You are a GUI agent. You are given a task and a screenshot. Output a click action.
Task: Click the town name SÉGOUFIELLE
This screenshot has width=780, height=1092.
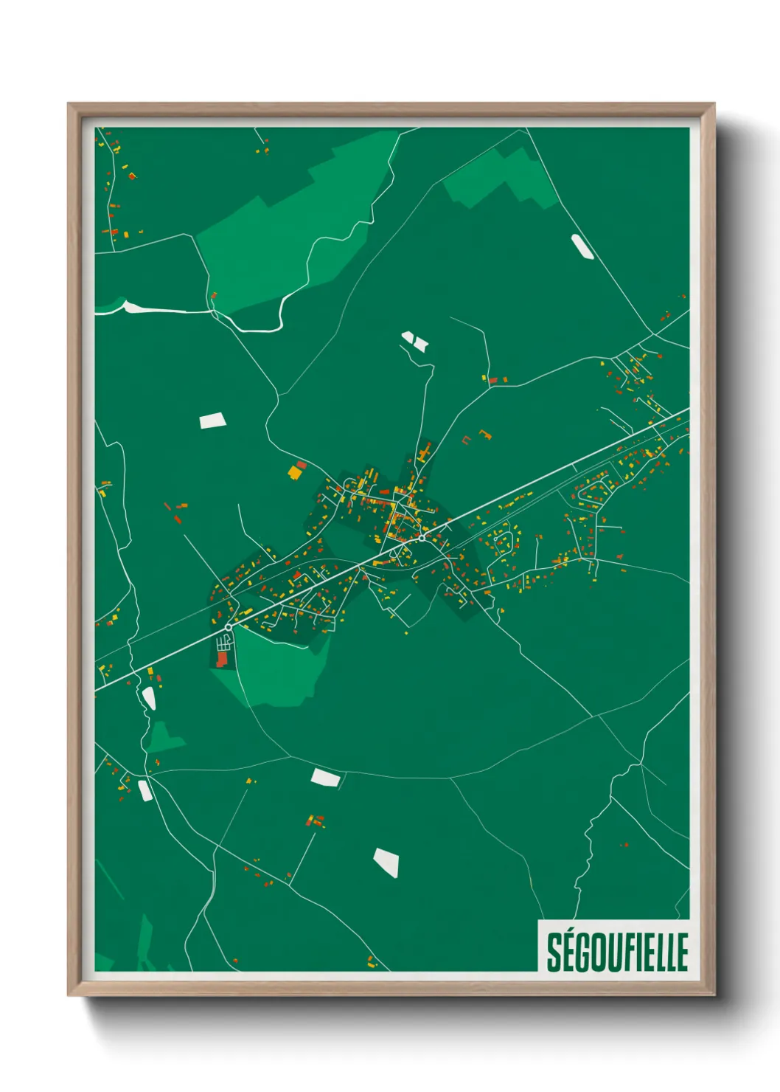(617, 953)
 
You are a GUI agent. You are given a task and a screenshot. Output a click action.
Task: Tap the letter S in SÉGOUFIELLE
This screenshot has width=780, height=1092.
(553, 953)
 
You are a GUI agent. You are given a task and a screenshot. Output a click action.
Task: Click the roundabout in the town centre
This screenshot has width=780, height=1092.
(421, 538)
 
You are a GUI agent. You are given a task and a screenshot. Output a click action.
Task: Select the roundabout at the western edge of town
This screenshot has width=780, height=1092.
(229, 627)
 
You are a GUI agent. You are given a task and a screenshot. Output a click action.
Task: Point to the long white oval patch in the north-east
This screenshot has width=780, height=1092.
(582, 246)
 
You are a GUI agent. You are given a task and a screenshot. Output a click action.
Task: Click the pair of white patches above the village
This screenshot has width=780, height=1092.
(414, 340)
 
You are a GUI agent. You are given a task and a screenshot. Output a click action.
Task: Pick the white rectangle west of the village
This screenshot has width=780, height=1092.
(212, 421)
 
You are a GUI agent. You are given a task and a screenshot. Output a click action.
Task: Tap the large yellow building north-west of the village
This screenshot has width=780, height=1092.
(296, 471)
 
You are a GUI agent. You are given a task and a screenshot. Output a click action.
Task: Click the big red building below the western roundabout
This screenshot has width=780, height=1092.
(223, 659)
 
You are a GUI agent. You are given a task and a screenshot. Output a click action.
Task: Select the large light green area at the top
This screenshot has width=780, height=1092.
(295, 221)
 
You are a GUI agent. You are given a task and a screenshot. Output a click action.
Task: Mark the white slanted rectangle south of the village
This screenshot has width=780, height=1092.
(325, 777)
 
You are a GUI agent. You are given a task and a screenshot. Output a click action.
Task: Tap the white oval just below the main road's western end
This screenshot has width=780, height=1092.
(149, 697)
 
